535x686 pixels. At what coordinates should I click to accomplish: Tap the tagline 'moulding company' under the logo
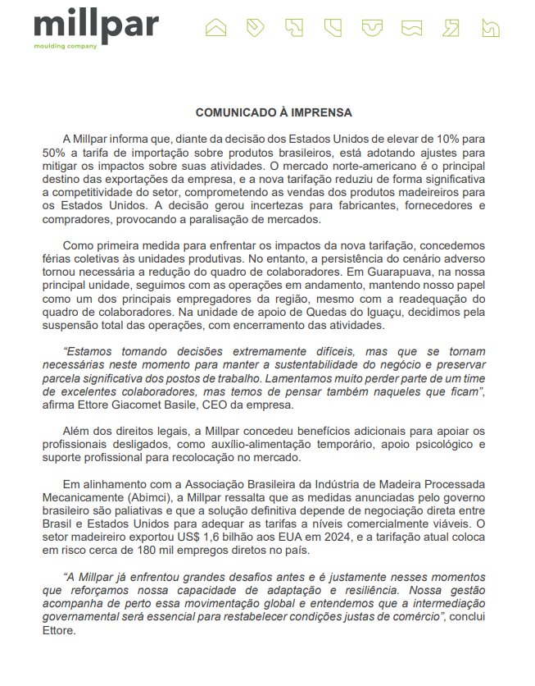tap(66, 47)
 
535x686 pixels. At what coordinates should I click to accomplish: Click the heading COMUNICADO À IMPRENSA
tap(274, 112)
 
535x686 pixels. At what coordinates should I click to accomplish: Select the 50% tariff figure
tap(54, 152)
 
